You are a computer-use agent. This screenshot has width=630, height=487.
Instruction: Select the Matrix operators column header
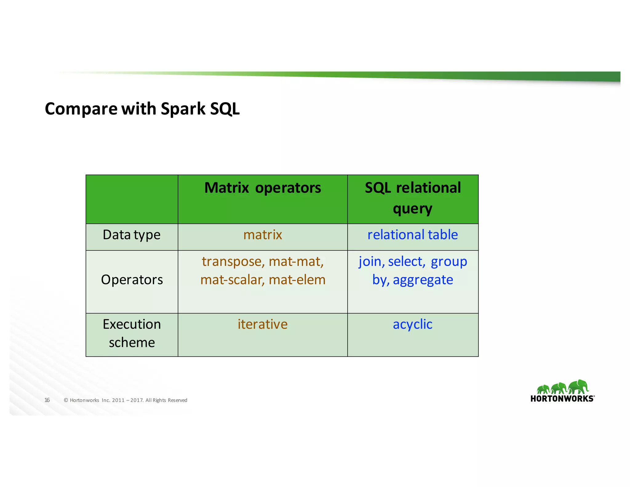click(262, 188)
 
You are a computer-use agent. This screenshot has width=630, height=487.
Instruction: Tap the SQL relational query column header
click(413, 198)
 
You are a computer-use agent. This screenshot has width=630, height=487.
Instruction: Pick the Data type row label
click(131, 235)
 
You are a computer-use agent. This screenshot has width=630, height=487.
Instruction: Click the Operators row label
click(132, 280)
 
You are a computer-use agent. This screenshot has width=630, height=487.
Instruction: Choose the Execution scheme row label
click(132, 333)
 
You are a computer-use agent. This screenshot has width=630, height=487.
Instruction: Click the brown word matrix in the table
click(262, 235)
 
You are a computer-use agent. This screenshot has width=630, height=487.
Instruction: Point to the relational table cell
click(413, 235)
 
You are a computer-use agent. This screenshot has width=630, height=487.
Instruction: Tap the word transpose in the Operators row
click(232, 262)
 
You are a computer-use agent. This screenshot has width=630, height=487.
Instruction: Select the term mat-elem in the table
click(297, 280)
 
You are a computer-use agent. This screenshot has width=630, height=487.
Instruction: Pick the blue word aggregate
click(423, 280)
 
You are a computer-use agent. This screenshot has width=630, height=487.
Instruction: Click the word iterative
click(262, 324)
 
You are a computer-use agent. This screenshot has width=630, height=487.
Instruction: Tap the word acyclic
click(413, 324)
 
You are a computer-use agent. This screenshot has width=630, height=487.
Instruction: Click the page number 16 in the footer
click(47, 400)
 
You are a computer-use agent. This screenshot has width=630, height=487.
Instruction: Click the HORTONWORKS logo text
click(562, 399)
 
